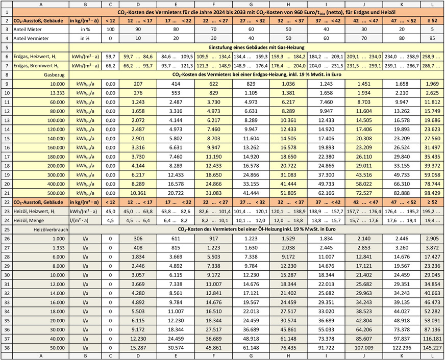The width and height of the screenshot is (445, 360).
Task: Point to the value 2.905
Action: pyautogui.click(x=432, y=240)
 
